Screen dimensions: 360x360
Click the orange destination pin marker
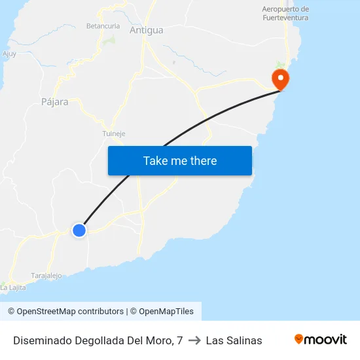pyautogui.click(x=281, y=80)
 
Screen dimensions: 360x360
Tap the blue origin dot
pyautogui.click(x=79, y=230)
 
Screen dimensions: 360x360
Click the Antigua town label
pyautogui.click(x=147, y=30)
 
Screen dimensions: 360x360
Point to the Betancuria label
pyautogui.click(x=103, y=26)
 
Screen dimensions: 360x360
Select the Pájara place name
pyautogui.click(x=55, y=102)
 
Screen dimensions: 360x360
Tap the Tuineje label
pyautogui.click(x=113, y=134)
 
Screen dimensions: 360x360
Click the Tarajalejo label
pyautogui.click(x=46, y=276)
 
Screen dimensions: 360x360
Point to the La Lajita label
pyautogui.click(x=13, y=287)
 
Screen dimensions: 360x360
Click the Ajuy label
pyautogui.click(x=9, y=54)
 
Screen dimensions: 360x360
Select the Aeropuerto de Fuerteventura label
pyautogui.click(x=285, y=14)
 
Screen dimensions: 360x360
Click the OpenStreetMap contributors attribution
pyautogui.click(x=65, y=312)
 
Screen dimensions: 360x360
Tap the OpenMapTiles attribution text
pyautogui.click(x=162, y=312)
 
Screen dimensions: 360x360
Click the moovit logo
pyautogui.click(x=320, y=340)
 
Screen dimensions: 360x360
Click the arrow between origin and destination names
pyautogui.click(x=194, y=340)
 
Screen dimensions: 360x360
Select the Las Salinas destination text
pyautogui.click(x=234, y=340)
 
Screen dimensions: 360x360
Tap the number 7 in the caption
pyautogui.click(x=179, y=340)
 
